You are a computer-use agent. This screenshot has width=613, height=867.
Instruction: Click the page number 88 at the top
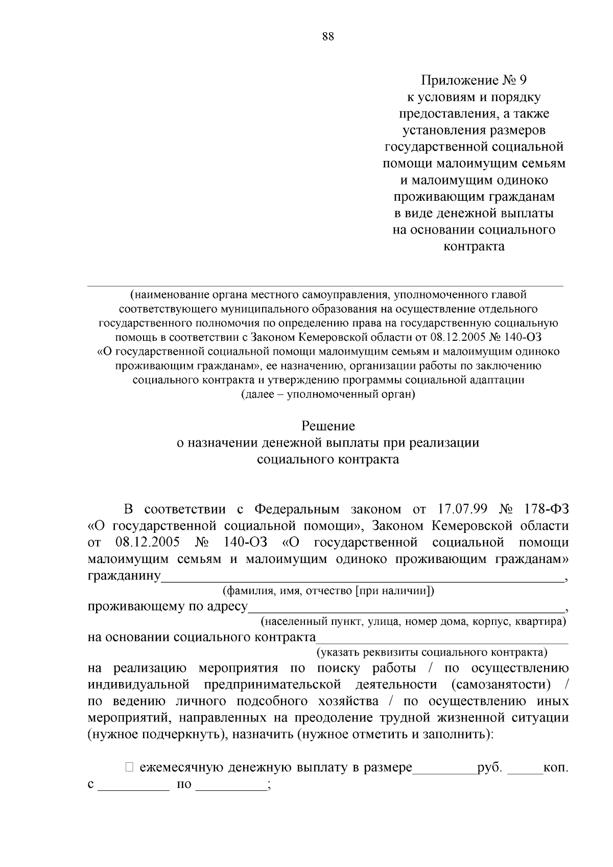click(328, 36)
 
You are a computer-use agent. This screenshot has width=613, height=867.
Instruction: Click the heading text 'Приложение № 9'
click(473, 80)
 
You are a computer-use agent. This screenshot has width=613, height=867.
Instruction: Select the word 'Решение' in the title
click(328, 426)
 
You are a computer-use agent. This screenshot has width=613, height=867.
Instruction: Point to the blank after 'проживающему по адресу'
click(406, 608)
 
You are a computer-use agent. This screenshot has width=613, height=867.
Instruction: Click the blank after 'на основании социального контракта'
click(442, 639)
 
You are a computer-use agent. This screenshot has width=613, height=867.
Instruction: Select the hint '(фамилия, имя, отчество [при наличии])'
click(328, 591)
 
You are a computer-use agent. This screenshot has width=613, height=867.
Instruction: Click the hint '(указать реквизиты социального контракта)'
click(432, 652)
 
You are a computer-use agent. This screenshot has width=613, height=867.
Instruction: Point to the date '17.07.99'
click(463, 509)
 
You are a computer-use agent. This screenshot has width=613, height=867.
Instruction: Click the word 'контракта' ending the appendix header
click(474, 247)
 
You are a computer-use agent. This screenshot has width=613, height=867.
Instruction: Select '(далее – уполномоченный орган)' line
click(328, 394)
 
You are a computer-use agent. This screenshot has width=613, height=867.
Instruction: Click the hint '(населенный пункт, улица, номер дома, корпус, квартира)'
click(413, 622)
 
